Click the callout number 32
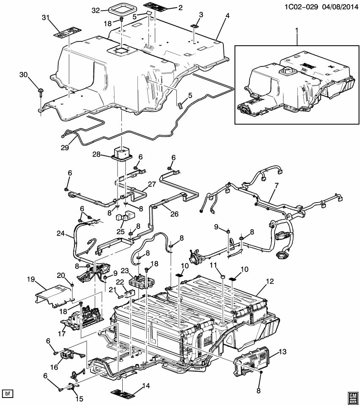click(x=95, y=10)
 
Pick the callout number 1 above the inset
click(x=297, y=30)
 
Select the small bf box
click(x=8, y=394)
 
